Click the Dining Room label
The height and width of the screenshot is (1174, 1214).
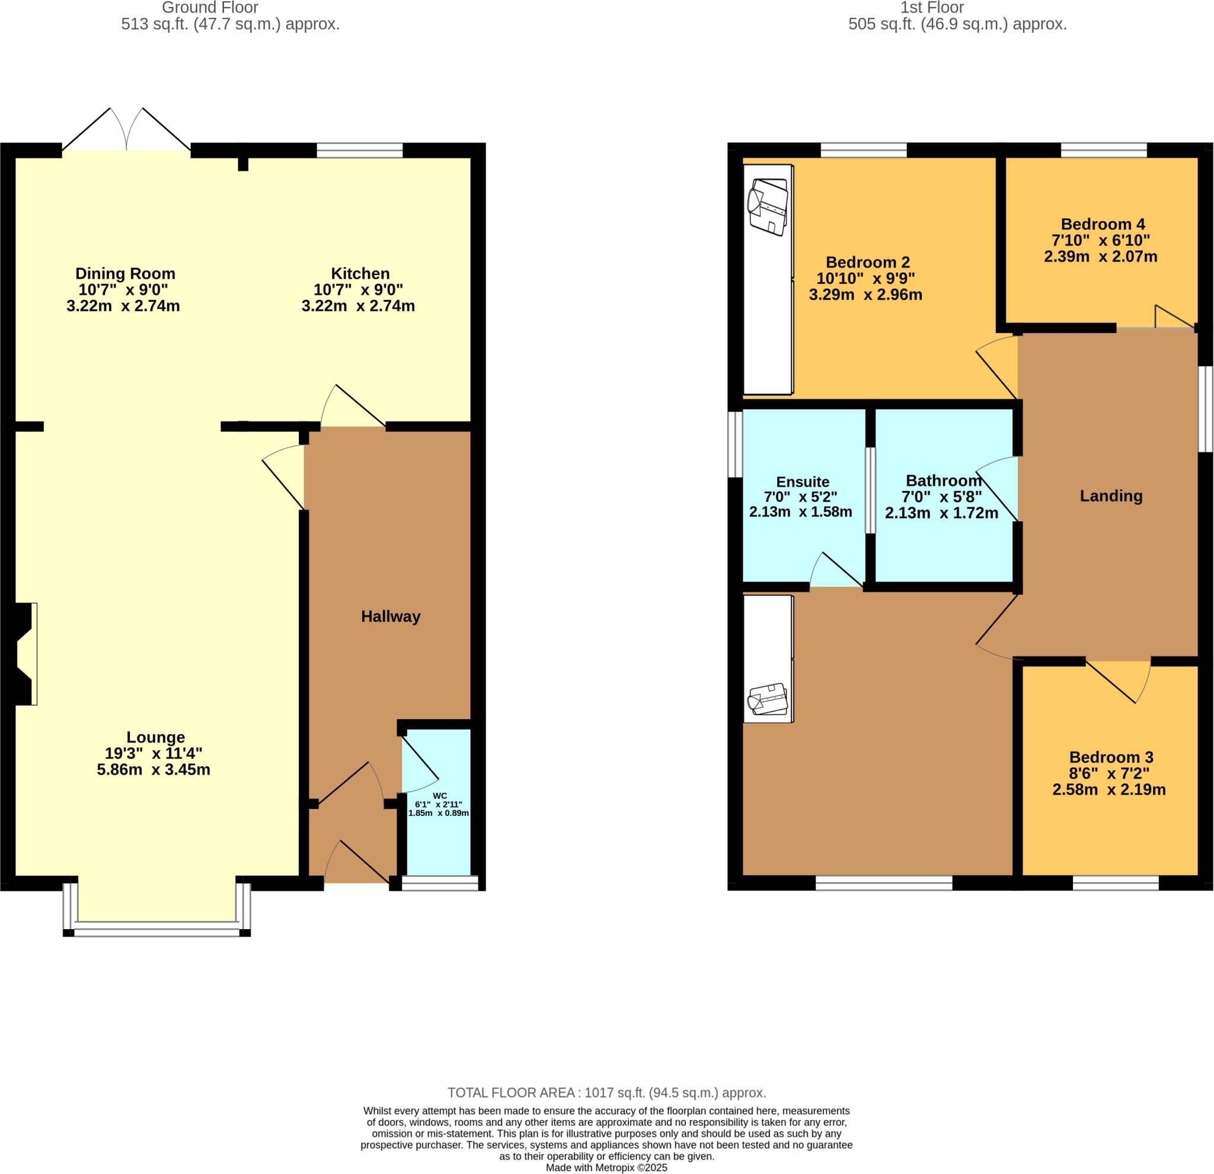(125, 273)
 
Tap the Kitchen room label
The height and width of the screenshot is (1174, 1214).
(360, 273)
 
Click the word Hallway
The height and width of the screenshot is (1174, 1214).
(390, 616)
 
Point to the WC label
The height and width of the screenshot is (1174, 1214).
(439, 796)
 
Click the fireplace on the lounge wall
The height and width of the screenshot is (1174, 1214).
(25, 653)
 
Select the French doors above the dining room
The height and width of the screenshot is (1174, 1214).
(126, 130)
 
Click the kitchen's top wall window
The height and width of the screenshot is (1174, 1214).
(359, 150)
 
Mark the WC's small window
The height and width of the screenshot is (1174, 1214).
(440, 883)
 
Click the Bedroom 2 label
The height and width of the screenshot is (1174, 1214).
(867, 262)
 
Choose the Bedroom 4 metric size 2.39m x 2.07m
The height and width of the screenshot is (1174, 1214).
(1100, 257)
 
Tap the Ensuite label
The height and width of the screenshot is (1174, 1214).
(802, 481)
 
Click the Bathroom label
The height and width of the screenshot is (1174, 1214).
(943, 480)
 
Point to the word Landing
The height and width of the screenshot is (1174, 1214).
(1111, 496)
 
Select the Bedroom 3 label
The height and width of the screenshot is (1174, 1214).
(1111, 757)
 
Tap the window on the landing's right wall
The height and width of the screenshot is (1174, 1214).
(1205, 409)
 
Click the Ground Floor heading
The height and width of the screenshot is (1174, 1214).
(210, 8)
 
